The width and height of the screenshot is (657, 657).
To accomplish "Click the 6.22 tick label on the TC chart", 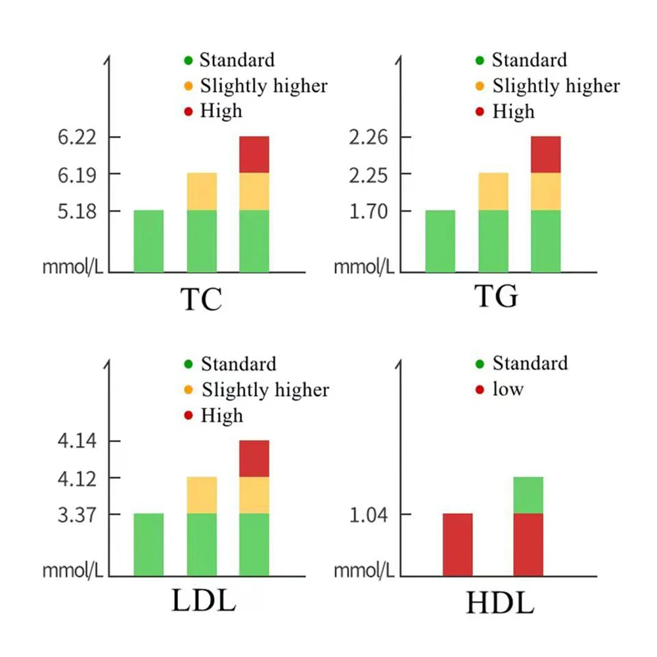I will click(78, 138).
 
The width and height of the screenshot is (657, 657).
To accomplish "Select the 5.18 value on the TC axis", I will click(78, 212).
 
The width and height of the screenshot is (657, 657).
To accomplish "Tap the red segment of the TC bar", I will click(254, 154).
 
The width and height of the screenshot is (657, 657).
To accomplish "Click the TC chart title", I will click(200, 299).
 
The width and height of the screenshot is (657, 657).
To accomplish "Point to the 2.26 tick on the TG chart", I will click(370, 138).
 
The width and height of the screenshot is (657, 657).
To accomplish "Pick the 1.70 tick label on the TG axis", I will click(370, 212).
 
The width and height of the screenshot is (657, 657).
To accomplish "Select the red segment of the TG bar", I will click(546, 154).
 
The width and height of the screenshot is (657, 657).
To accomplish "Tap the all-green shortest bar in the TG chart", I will click(440, 241).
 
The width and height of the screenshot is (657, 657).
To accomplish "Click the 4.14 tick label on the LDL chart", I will click(78, 442).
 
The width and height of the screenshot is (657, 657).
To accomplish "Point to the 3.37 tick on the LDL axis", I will click(78, 514).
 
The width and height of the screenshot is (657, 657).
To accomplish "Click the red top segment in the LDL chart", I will click(254, 459).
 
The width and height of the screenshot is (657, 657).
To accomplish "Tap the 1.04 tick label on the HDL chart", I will click(370, 514).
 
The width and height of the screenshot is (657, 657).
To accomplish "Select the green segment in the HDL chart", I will click(528, 495).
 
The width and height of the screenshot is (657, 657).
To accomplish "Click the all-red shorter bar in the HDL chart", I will click(457, 545).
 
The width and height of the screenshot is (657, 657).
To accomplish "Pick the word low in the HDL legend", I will click(509, 389).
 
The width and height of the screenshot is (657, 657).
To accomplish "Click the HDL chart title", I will click(499, 603).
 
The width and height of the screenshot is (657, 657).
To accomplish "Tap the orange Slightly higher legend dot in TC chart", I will click(189, 86).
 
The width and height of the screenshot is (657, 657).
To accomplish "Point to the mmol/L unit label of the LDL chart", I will click(72, 569).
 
